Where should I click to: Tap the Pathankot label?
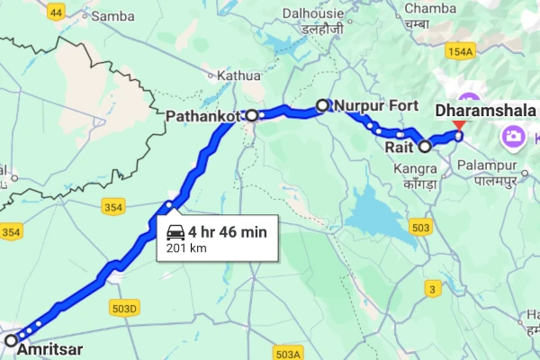205,115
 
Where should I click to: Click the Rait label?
400,144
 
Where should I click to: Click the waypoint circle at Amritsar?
11,340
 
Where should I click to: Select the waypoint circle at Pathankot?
253,115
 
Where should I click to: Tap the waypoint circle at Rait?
425,144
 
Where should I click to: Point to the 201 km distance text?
179,247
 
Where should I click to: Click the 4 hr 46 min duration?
228,232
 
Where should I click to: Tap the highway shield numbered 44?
57,12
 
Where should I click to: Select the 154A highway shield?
459,53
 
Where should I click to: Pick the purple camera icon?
515,136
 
